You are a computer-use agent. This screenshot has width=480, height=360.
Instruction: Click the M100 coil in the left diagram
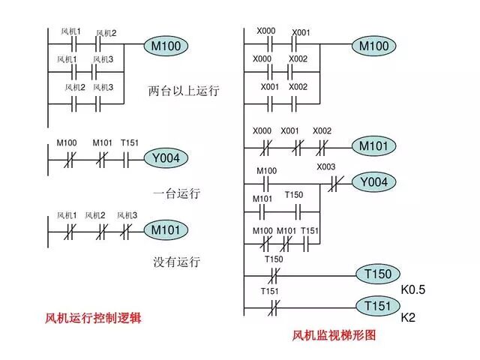tap(166, 46)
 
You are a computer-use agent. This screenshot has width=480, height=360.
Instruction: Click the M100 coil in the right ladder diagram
tap(374, 46)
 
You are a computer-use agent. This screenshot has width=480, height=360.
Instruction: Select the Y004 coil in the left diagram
tap(166, 157)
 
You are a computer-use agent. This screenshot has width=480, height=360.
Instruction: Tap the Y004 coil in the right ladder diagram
tap(374, 181)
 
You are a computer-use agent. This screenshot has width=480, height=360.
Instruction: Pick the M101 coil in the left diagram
tap(166, 229)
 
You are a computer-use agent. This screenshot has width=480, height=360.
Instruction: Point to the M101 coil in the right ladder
tap(374, 145)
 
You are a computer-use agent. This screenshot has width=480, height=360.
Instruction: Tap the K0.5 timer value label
tap(413, 289)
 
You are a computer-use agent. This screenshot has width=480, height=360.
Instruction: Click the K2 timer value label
tap(409, 318)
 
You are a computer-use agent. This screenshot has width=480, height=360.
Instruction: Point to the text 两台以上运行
tap(184, 91)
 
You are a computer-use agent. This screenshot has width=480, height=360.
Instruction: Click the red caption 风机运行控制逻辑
tap(94, 318)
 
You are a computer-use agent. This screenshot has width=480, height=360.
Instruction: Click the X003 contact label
tap(326, 166)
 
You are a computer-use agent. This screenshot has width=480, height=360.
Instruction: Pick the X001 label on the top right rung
tap(301, 32)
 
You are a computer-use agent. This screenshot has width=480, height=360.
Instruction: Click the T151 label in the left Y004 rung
tap(130, 142)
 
